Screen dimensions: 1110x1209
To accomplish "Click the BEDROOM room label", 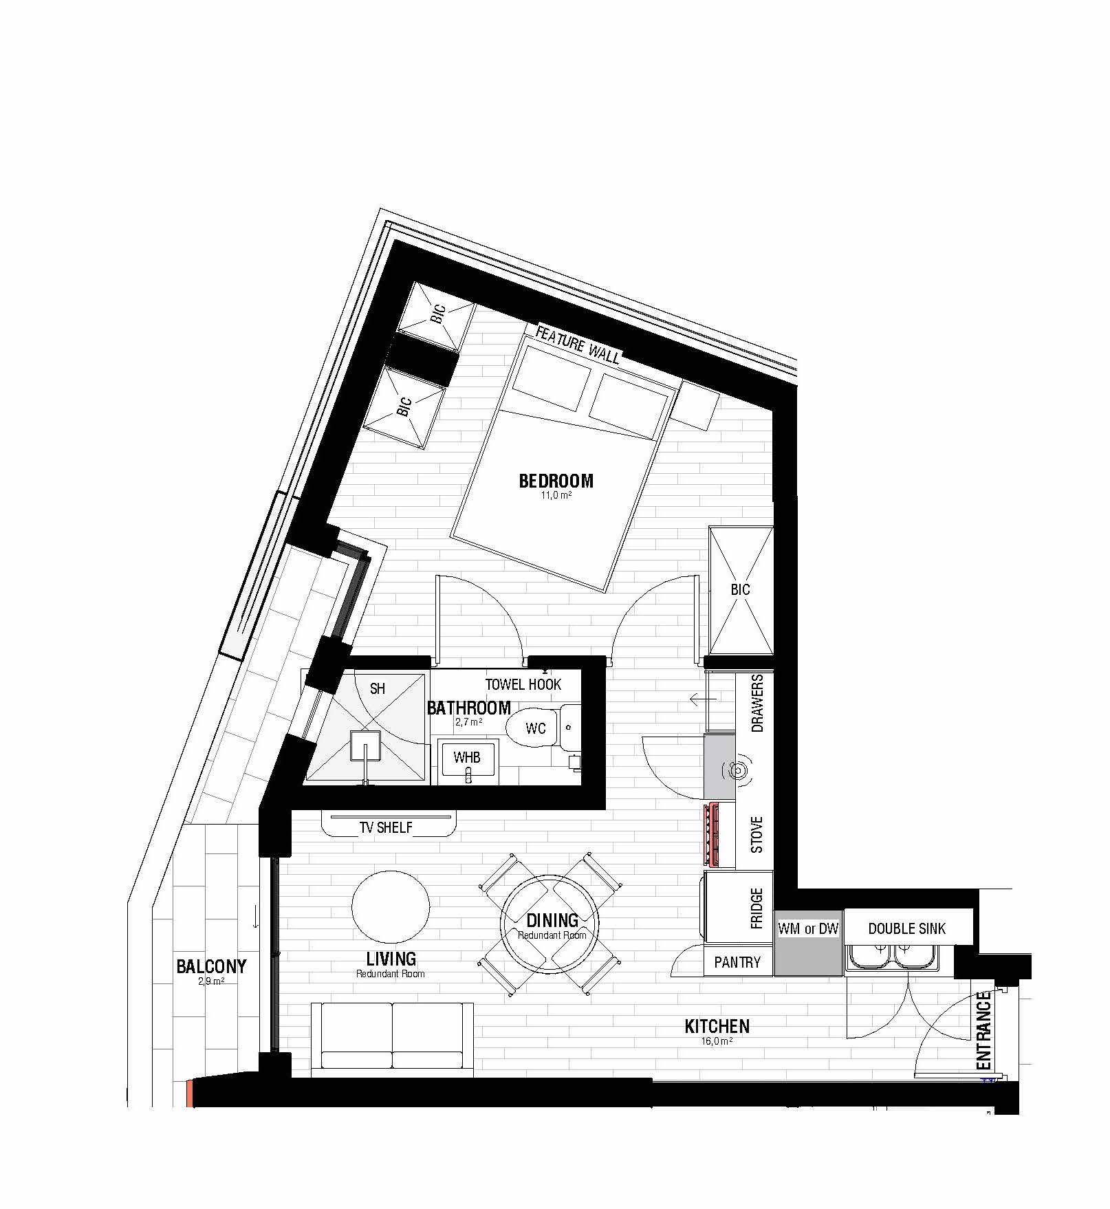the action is coord(556,480).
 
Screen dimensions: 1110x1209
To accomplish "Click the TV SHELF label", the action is coord(386,827).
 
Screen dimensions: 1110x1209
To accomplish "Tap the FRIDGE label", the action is coord(757,908).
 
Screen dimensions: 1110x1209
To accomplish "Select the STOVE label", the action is coord(757,835).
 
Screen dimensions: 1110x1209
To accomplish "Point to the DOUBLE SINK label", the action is coord(906,928).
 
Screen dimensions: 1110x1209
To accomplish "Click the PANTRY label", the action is coord(737,962).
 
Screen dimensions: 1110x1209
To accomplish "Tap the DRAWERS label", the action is coord(757,703).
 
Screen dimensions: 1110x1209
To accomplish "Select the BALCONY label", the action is coord(211,966).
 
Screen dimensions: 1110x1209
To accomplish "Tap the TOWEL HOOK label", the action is coord(523,684).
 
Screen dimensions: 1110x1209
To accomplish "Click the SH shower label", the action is coord(378,688).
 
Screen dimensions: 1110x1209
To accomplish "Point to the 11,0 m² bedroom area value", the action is coord(556,494).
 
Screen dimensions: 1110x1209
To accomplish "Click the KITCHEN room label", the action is coord(717,1026).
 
